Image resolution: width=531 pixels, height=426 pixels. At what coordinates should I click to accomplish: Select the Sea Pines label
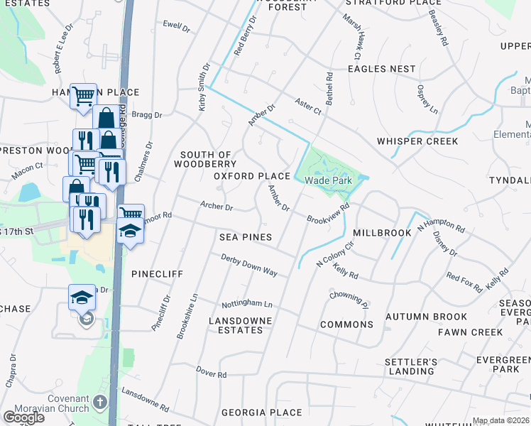246,236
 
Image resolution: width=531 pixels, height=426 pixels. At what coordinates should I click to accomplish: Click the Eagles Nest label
381,69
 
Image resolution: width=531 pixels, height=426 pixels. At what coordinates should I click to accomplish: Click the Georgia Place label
261,413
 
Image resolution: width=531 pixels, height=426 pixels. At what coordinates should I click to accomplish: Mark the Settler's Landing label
410,366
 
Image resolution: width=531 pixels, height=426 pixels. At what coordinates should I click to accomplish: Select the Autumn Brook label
426,317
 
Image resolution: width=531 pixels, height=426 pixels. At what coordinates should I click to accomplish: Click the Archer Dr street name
217,207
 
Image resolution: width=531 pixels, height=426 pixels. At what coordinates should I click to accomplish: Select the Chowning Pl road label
349,299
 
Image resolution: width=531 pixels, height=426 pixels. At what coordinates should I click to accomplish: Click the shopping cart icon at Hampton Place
83,94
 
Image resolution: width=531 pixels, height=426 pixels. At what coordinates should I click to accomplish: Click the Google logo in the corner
23,417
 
